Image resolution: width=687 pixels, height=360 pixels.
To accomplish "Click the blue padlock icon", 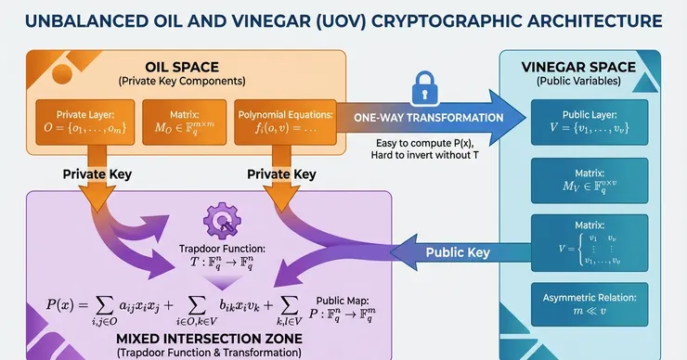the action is [424, 88].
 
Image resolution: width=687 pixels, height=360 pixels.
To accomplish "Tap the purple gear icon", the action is [222, 220].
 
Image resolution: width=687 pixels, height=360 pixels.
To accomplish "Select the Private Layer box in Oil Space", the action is [85, 122].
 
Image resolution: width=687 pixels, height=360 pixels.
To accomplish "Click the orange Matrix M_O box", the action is [185, 122].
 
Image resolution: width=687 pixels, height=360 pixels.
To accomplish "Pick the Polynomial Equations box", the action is [285, 122].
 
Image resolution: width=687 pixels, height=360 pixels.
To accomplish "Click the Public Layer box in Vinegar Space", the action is [590, 122].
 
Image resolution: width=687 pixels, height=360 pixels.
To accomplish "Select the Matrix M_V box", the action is [590, 180].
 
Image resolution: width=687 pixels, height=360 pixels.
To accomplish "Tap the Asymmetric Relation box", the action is [590, 304].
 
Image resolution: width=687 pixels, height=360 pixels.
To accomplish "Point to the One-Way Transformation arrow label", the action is [429, 118].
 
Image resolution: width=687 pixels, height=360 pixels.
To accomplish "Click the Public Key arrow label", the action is [458, 252].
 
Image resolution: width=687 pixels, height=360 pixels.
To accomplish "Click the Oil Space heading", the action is [182, 67].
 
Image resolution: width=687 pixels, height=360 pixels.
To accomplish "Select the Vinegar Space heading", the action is [578, 67].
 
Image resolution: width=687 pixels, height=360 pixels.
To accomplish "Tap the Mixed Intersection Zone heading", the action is [209, 339].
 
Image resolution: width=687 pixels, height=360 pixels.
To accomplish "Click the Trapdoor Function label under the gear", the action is [222, 249].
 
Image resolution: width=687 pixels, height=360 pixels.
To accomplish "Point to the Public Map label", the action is [343, 301].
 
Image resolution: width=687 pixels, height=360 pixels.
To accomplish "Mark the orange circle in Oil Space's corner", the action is [62, 74].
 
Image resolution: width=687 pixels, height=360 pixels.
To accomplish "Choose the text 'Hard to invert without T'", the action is [424, 155].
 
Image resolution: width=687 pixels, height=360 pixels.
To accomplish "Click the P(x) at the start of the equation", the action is [60, 304].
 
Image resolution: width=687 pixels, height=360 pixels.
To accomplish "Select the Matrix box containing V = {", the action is [590, 243].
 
